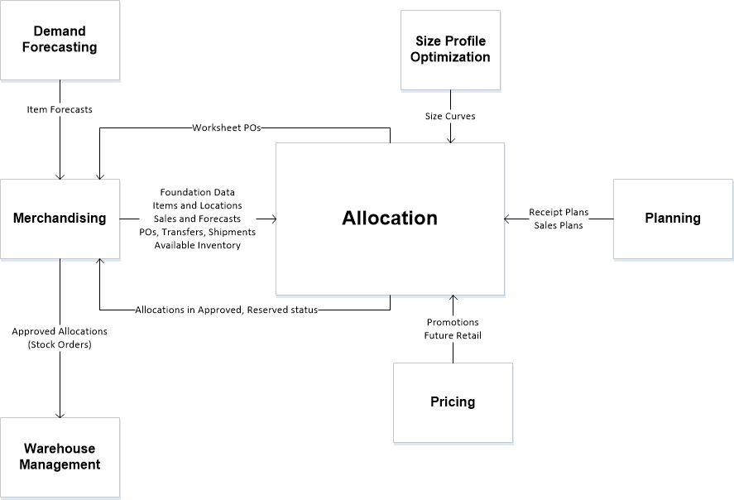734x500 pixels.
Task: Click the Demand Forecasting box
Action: pyautogui.click(x=60, y=40)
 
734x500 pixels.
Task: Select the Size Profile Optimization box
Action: pyautogui.click(x=450, y=50)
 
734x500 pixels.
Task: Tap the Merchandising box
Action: pyautogui.click(x=60, y=219)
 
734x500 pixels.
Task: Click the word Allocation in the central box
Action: pyautogui.click(x=390, y=219)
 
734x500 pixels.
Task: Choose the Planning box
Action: pyautogui.click(x=673, y=219)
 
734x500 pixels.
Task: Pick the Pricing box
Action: pyautogui.click(x=453, y=402)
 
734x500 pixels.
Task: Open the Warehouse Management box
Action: pyautogui.click(x=60, y=457)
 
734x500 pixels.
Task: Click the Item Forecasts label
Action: pyautogui.click(x=60, y=109)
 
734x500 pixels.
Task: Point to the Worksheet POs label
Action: pyautogui.click(x=228, y=127)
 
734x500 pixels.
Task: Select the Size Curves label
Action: pyautogui.click(x=450, y=116)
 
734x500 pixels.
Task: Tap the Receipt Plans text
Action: pyautogui.click(x=559, y=213)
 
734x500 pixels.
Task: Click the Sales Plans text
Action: pyautogui.click(x=559, y=225)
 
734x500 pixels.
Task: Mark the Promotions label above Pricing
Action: pyautogui.click(x=453, y=322)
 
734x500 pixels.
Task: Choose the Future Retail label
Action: pyautogui.click(x=453, y=335)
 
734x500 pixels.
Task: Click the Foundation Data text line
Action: pyautogui.click(x=198, y=192)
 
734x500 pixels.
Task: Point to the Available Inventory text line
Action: pyautogui.click(x=198, y=245)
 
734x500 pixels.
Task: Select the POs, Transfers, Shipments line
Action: pyautogui.click(x=198, y=232)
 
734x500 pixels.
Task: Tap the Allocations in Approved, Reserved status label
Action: pyautogui.click(x=227, y=310)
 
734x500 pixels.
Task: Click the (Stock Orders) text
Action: pyautogui.click(x=60, y=344)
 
